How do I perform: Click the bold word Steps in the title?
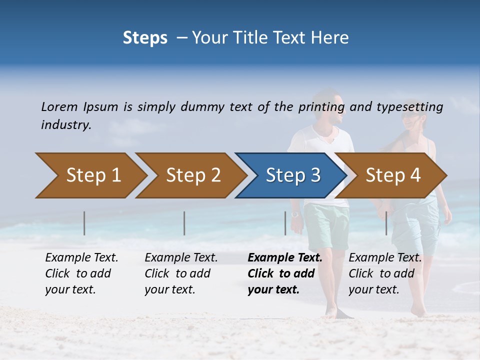(x=145, y=38)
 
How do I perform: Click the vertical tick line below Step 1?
(x=84, y=223)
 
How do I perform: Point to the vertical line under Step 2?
(x=184, y=223)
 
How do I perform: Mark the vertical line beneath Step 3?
(x=285, y=223)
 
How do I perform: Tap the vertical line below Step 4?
(x=386, y=223)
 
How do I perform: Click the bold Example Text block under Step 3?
(x=285, y=273)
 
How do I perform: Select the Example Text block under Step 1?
(x=81, y=273)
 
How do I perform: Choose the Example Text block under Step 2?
(x=181, y=273)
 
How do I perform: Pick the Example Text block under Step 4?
(x=385, y=273)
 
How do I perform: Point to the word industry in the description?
(x=66, y=125)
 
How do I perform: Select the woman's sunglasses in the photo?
(x=411, y=115)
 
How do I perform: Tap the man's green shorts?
(x=326, y=225)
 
